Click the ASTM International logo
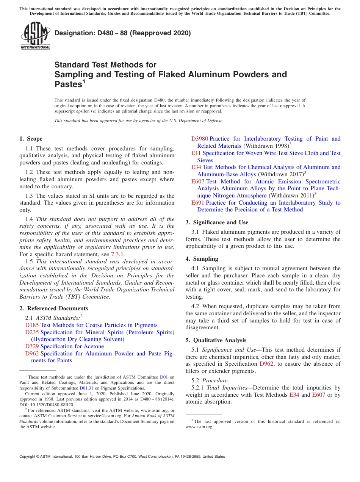click(35, 36)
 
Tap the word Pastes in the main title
click(68, 84)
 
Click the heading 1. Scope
click(31, 139)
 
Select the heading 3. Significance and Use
click(217, 222)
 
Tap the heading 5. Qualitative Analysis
click(216, 340)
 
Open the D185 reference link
click(32, 325)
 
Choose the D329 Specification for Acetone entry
click(64, 346)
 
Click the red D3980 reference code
click(199, 139)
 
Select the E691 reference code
click(198, 203)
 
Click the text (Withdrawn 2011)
click(291, 196)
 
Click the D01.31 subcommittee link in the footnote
click(86, 388)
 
